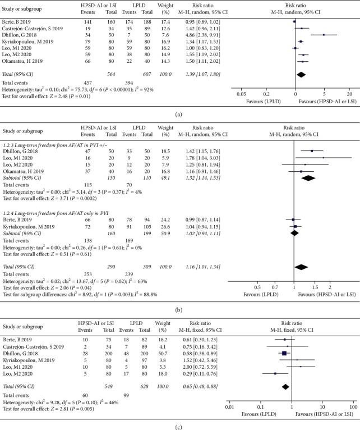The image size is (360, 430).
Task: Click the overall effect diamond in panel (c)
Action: (x=285, y=387)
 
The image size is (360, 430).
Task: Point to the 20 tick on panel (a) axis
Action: (x=348, y=94)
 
